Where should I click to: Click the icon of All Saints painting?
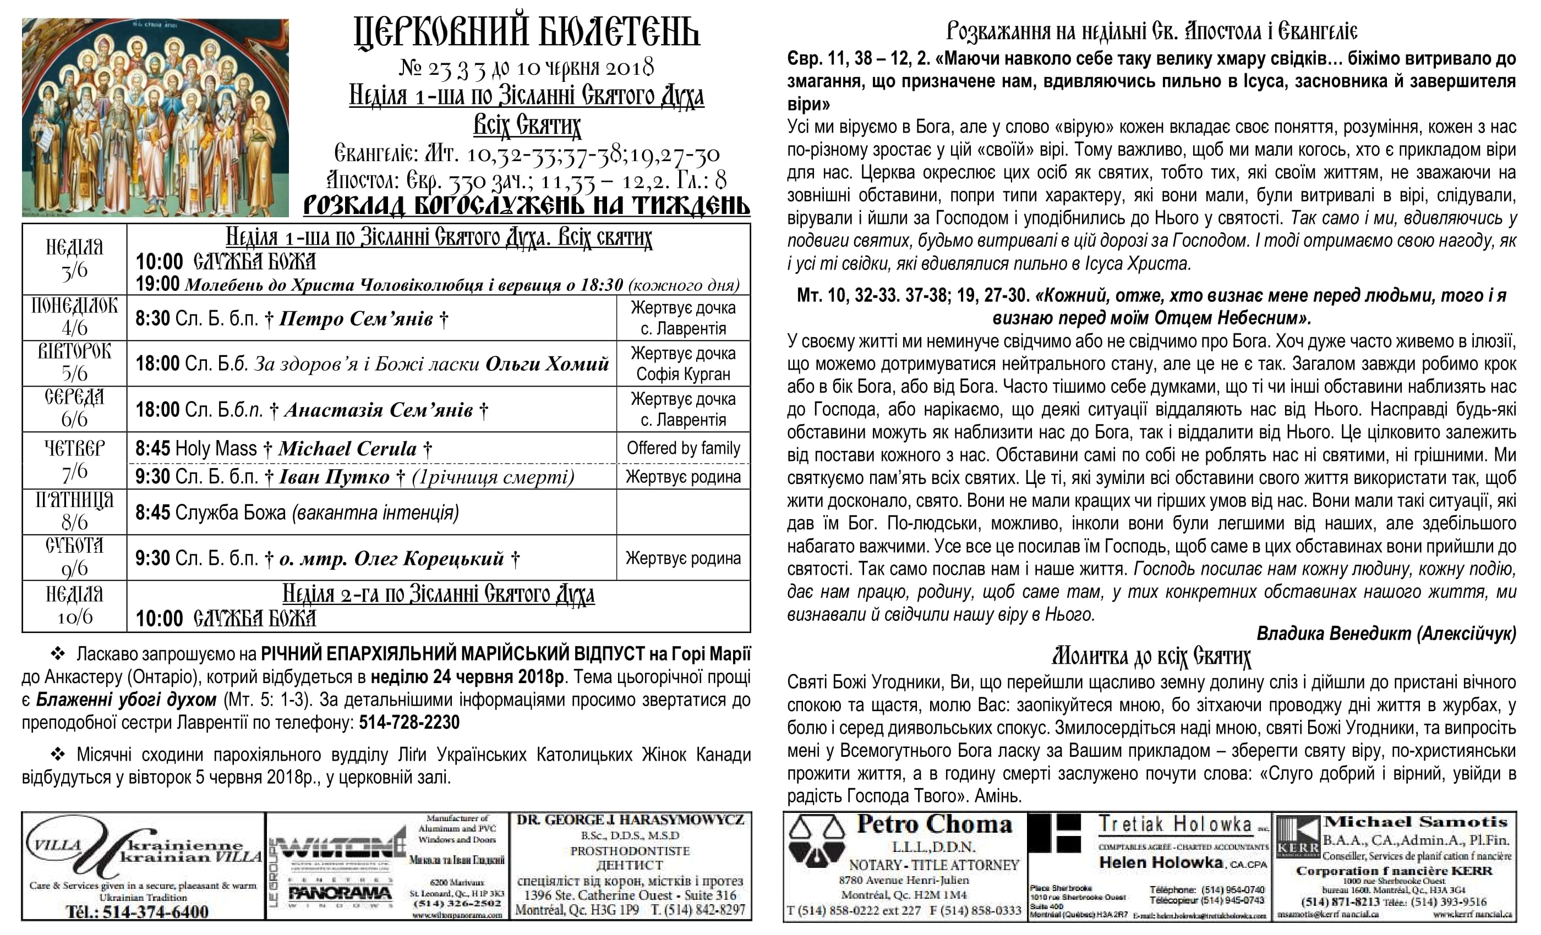click(x=155, y=118)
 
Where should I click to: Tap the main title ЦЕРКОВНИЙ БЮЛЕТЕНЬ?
click(x=527, y=32)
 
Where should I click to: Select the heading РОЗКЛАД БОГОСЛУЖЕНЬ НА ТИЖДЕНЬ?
click(x=527, y=205)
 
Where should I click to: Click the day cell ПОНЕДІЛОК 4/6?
click(x=74, y=317)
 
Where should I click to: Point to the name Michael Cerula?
click(x=348, y=449)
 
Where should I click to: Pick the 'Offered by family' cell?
click(x=683, y=448)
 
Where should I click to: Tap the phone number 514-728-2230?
click(x=409, y=723)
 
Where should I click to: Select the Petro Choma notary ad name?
click(x=935, y=825)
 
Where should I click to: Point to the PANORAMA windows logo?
click(x=340, y=894)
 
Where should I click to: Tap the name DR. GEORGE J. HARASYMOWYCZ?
click(x=630, y=820)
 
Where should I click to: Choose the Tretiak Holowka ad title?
click(x=1176, y=825)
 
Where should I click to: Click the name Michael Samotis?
click(x=1416, y=822)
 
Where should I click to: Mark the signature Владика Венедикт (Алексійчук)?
click(x=1386, y=634)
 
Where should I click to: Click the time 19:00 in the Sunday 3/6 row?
click(x=157, y=284)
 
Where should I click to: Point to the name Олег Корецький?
click(x=428, y=559)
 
